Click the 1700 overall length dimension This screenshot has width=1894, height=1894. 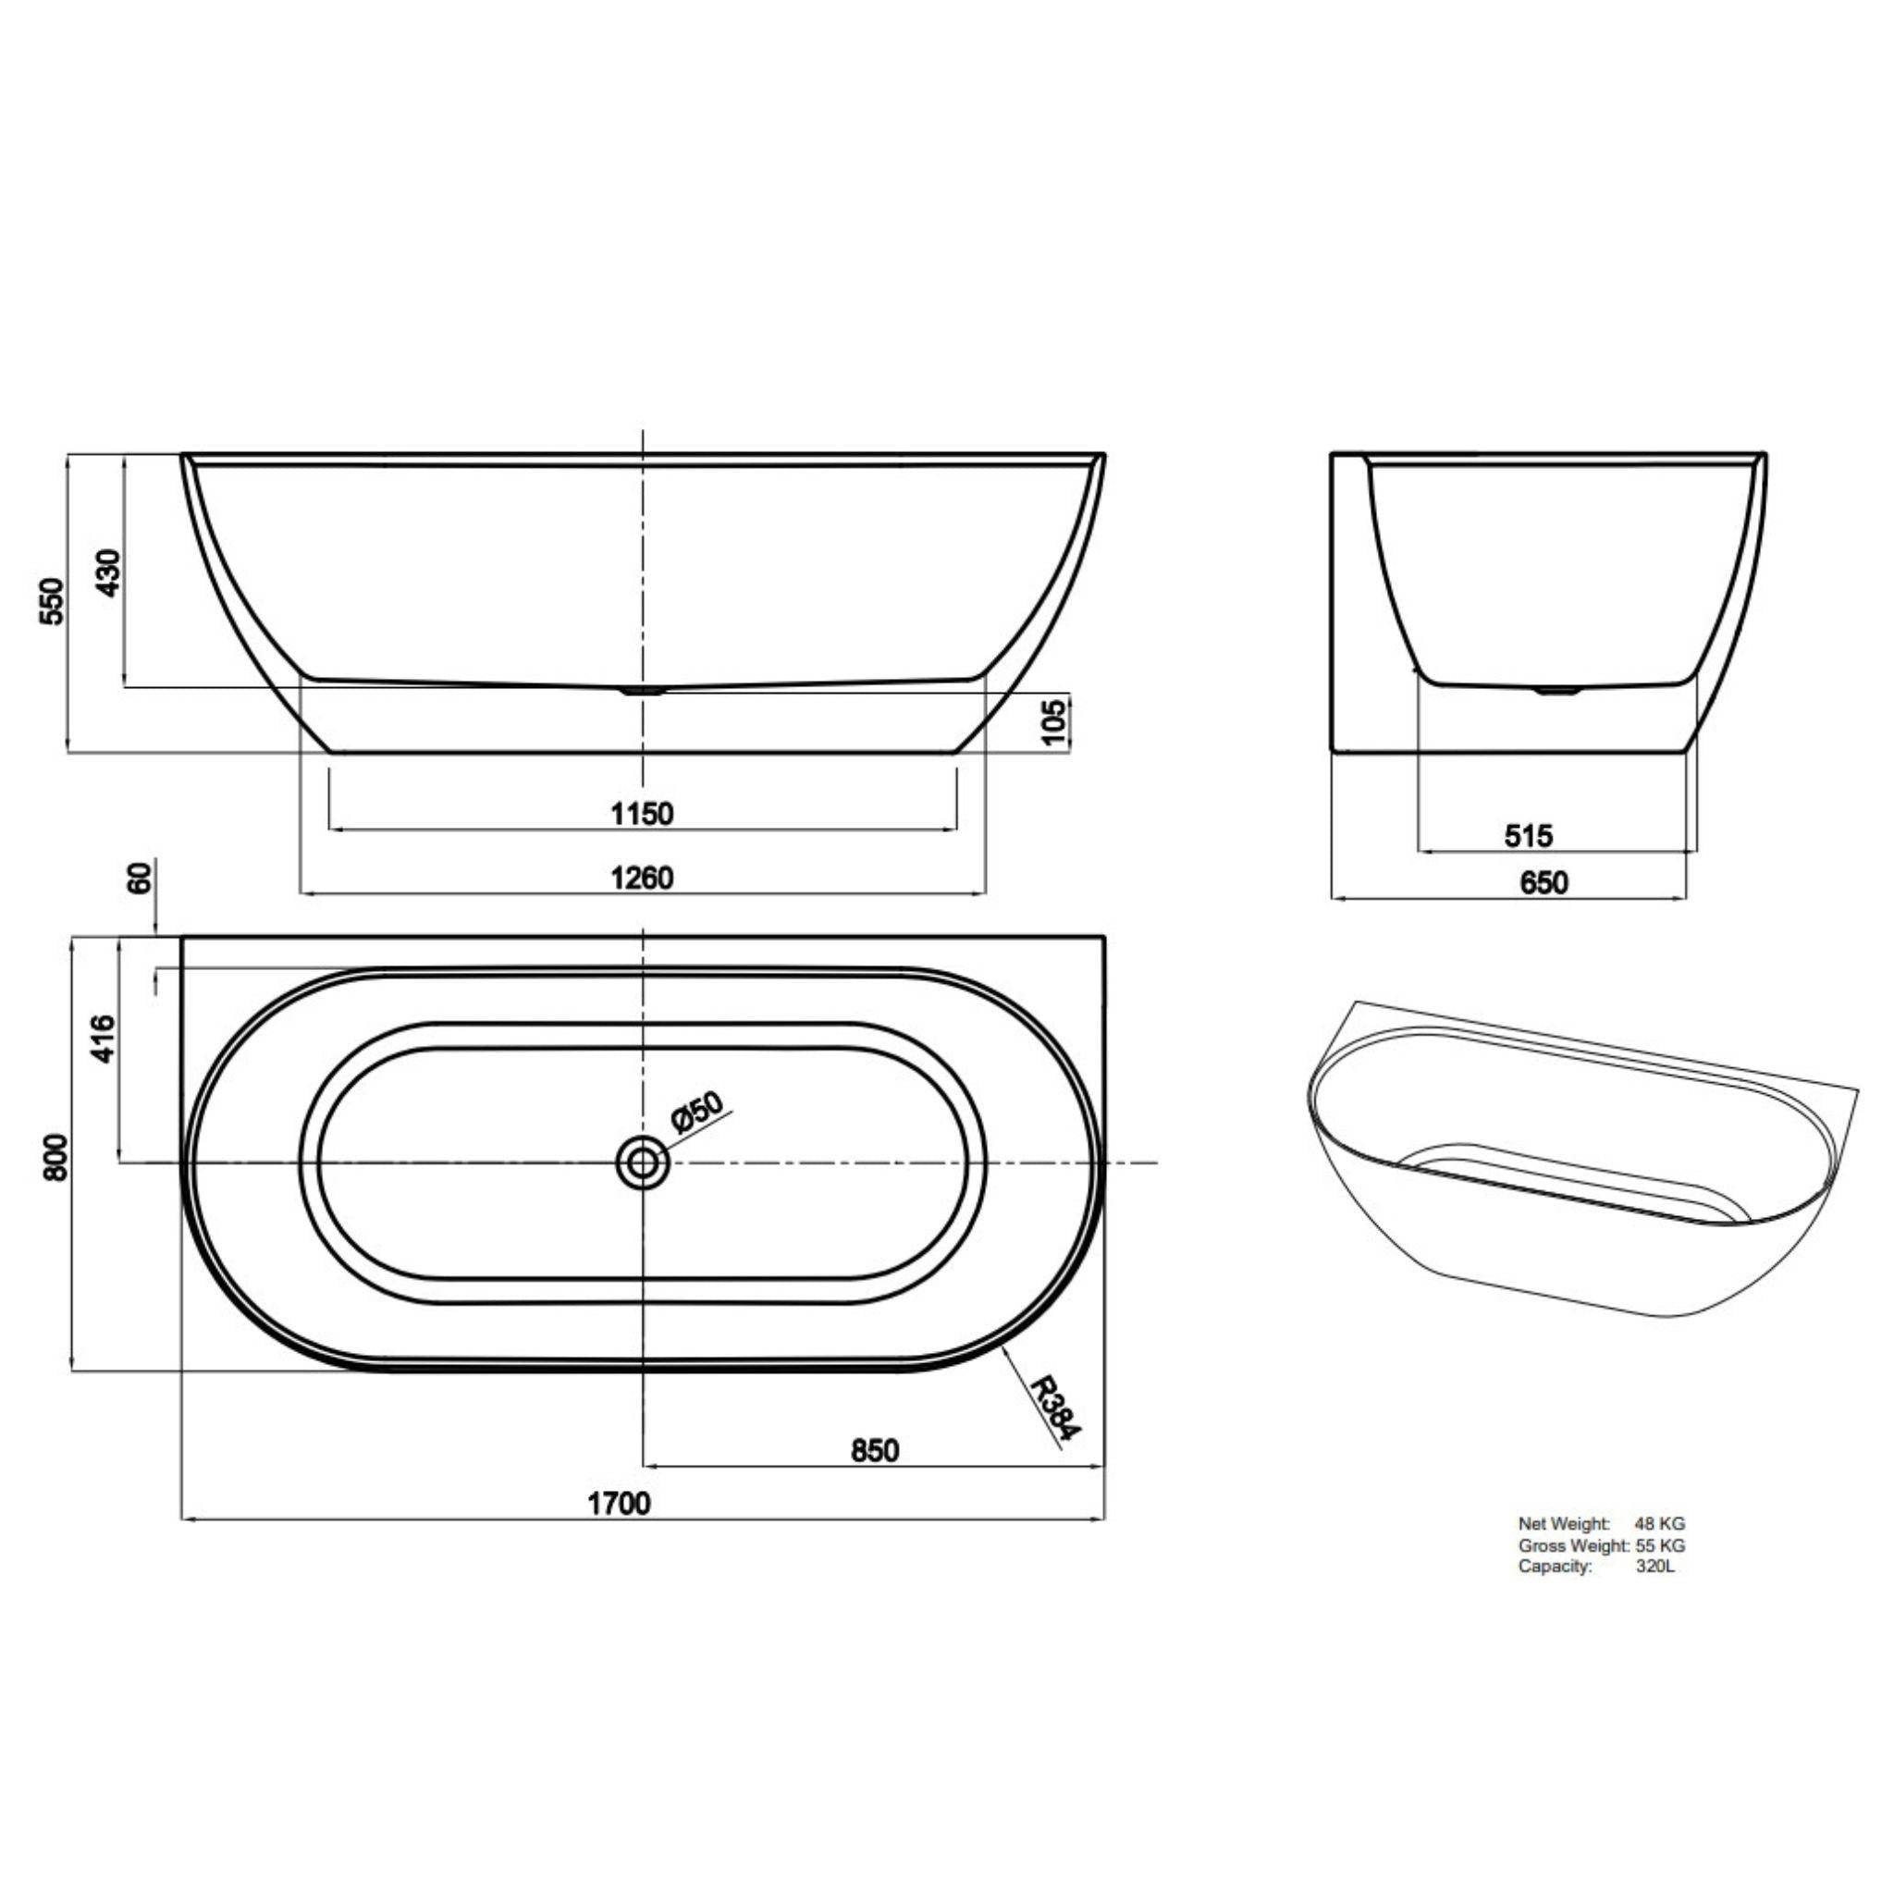click(619, 1503)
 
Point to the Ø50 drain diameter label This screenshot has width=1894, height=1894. click(696, 1114)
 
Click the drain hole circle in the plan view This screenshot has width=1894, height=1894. click(642, 1163)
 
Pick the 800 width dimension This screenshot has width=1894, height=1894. click(56, 1157)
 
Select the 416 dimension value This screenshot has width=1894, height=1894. click(103, 1039)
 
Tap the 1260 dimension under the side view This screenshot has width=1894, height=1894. click(642, 878)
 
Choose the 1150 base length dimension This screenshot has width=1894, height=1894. click(642, 814)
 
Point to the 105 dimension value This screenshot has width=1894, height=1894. click(1052, 722)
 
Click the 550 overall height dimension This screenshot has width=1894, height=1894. click(51, 601)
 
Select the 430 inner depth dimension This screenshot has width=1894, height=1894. click(109, 572)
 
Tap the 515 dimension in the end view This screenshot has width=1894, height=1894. click(1529, 836)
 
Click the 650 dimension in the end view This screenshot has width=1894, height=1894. click(1543, 883)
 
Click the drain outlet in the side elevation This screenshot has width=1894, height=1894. click(643, 690)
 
